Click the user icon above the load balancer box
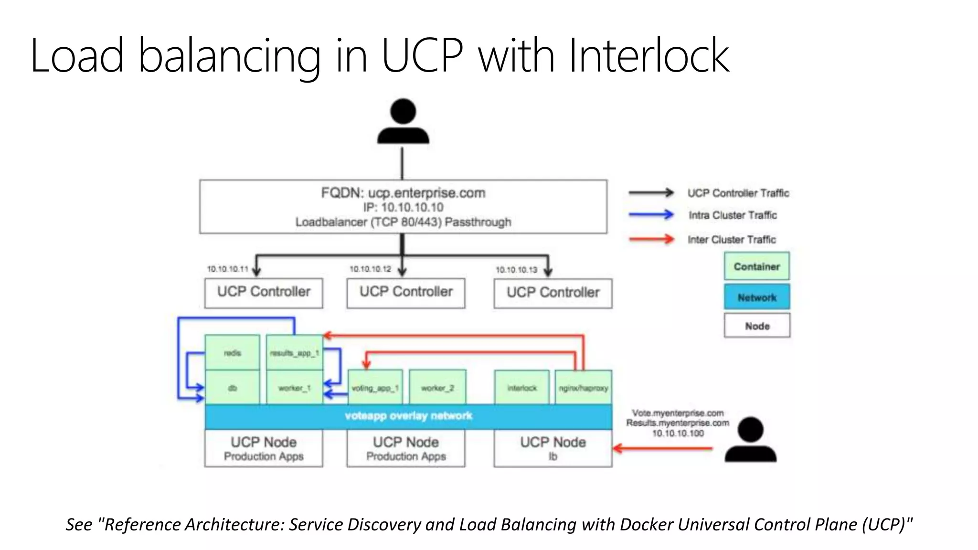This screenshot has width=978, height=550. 403,121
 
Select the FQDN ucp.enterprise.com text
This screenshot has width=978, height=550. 403,193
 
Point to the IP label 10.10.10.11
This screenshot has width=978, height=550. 227,269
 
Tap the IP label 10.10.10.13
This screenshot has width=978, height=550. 516,270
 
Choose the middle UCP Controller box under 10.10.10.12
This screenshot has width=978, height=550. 406,293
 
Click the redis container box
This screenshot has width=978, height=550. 233,353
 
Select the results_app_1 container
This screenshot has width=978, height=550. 294,353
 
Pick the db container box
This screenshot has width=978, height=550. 233,388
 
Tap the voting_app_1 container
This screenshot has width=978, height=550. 375,388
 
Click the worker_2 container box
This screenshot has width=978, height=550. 437,388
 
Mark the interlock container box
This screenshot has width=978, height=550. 522,388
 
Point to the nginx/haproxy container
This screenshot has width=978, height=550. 584,388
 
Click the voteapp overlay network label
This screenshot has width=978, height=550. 408,416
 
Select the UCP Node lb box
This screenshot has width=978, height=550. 553,448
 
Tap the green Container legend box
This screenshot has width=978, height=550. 757,266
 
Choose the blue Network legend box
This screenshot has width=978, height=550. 757,297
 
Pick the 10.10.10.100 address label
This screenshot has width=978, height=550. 678,434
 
